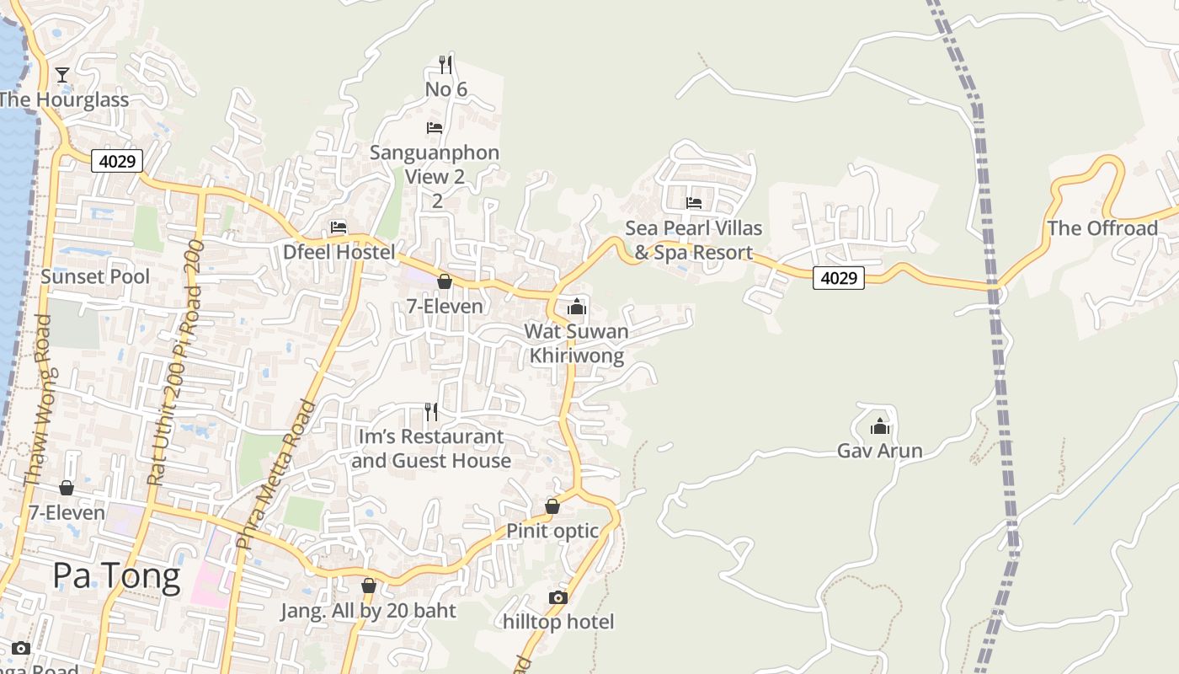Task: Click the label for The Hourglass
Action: pos(64,99)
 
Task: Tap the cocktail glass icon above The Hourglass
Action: pos(62,75)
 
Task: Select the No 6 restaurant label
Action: pos(445,89)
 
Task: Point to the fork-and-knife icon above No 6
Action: pos(445,64)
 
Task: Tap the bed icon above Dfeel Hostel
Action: pos(339,227)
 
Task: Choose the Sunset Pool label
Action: pos(95,276)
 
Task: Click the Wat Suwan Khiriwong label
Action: pos(577,343)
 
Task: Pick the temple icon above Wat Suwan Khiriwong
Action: pos(577,307)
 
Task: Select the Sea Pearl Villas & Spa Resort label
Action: pos(694,240)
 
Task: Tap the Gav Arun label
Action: pos(880,451)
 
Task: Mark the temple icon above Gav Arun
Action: pos(880,426)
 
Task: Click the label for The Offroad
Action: pos(1102,228)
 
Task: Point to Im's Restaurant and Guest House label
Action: pos(431,448)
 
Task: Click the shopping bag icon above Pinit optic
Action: pos(552,506)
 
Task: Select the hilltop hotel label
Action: pos(558,622)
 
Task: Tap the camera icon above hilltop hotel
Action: pos(557,597)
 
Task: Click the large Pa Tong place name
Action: pos(116,576)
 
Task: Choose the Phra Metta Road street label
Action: pos(276,475)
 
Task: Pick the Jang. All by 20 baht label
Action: pos(368,611)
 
